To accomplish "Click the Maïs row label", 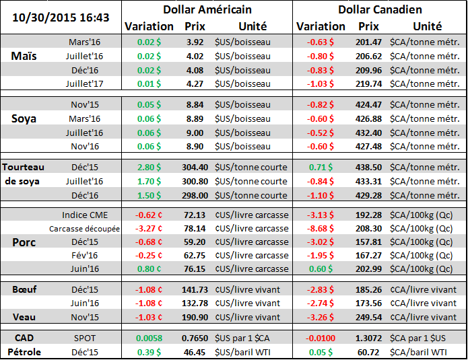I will (24, 56).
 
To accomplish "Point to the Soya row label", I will (24, 118).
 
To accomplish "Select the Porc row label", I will (24, 242).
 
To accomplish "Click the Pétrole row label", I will (24, 351).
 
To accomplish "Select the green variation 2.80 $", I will (149, 167).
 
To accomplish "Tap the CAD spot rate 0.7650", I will (195, 338).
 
